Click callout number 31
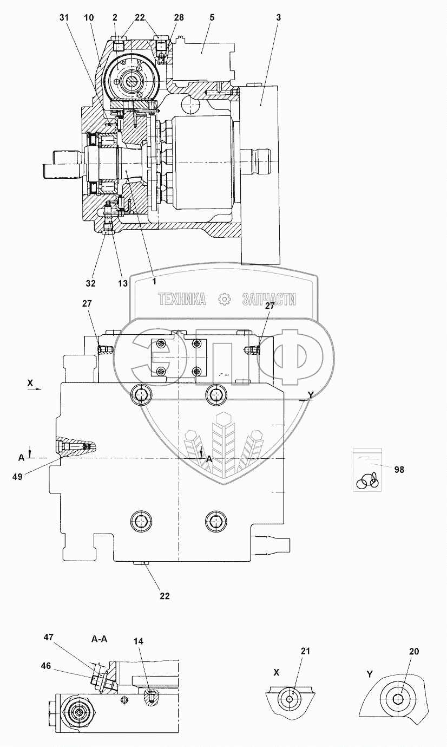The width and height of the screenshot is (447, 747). coord(65,18)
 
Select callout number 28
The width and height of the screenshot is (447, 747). coord(163,18)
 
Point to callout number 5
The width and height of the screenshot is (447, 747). coord(212,18)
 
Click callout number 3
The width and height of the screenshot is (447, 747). coord(278,18)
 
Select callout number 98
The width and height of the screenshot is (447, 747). coord(399,469)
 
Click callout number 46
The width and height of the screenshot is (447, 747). coord(45,666)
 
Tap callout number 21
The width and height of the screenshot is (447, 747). coord(306,652)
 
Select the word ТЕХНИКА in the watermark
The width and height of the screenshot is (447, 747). coord(182,299)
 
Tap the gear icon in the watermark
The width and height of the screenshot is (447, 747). coord(224,299)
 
